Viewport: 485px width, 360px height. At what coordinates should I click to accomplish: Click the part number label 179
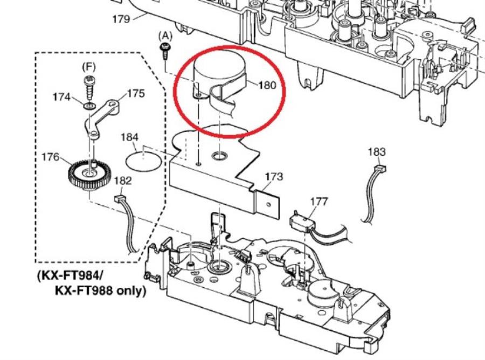121,19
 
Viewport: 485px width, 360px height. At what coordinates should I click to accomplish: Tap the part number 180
267,85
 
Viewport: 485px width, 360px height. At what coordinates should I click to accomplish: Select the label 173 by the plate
274,176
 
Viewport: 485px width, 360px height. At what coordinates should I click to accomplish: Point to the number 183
377,152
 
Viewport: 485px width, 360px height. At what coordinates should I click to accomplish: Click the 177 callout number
318,201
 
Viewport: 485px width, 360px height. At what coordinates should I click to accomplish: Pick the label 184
129,137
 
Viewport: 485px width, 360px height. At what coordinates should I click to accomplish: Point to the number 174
61,97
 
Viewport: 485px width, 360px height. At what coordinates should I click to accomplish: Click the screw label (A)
164,36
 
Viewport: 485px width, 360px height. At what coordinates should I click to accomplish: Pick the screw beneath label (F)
88,82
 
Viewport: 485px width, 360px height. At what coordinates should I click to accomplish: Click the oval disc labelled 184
143,160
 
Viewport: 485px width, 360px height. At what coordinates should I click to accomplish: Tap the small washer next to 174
88,101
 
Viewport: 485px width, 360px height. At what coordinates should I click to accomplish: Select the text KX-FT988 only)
100,290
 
